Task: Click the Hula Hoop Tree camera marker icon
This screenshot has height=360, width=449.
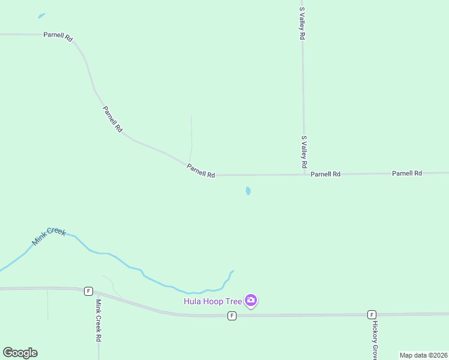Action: [x=251, y=300]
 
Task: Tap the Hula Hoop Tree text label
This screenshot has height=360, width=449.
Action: [x=212, y=301]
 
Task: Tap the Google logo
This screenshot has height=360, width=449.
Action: [x=20, y=353]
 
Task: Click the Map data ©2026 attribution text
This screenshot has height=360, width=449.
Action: [x=424, y=355]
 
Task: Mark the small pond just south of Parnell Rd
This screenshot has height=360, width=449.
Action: [x=248, y=191]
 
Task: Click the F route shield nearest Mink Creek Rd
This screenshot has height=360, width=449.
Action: [x=88, y=291]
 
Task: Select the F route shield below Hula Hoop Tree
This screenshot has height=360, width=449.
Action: [x=232, y=316]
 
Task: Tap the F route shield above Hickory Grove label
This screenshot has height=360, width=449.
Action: [x=372, y=314]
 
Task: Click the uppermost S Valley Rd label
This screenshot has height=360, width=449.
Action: [x=303, y=24]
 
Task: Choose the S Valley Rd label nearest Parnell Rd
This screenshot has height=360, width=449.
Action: [x=304, y=152]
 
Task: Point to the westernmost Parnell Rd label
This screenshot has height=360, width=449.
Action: [x=58, y=36]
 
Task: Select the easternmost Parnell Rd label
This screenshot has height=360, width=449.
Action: [x=407, y=173]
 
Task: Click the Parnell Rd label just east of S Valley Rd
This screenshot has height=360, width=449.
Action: [x=325, y=174]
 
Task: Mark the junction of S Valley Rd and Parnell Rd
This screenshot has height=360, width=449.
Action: [x=303, y=175]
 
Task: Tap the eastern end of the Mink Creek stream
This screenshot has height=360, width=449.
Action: [x=233, y=271]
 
